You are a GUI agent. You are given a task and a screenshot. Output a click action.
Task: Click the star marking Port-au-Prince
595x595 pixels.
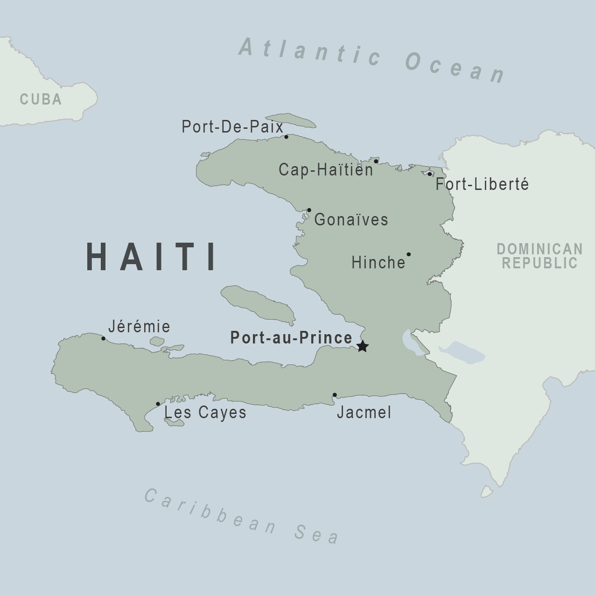(x=363, y=346)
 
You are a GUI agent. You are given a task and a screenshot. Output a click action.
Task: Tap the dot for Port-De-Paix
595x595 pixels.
(x=286, y=137)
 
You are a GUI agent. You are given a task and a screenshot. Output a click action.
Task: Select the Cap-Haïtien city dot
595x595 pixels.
(x=376, y=161)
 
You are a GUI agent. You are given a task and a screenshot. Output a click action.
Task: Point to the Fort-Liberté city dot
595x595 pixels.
(x=429, y=174)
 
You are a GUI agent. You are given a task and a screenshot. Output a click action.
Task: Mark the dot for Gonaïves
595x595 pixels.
(x=309, y=210)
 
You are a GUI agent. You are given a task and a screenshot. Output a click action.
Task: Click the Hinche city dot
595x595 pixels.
(x=408, y=254)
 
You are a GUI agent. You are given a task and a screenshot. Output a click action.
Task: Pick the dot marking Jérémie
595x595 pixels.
(x=103, y=338)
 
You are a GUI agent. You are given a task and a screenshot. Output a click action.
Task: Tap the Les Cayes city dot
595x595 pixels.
(x=158, y=404)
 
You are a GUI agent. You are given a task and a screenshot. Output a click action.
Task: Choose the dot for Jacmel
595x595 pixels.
(x=335, y=395)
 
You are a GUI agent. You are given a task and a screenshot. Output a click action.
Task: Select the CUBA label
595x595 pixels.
(x=41, y=99)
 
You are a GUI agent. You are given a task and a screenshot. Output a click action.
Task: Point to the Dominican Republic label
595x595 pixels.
(x=539, y=256)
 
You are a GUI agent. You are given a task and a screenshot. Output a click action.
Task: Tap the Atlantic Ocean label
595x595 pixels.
(x=372, y=60)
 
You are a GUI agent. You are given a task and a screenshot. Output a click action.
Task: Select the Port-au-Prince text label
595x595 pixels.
(x=291, y=337)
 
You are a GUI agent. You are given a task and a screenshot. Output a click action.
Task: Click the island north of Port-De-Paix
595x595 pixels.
(x=291, y=120)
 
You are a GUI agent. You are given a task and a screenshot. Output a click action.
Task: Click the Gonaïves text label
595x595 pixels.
(x=351, y=219)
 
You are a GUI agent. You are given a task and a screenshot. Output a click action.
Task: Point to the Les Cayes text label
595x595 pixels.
(x=205, y=413)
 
